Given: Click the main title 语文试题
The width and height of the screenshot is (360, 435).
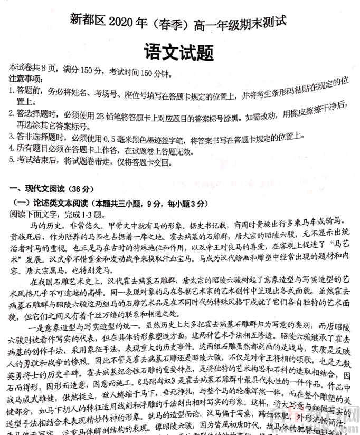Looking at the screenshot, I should coord(178,52).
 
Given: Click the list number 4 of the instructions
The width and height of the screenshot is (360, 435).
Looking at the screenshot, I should coord(12,151).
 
